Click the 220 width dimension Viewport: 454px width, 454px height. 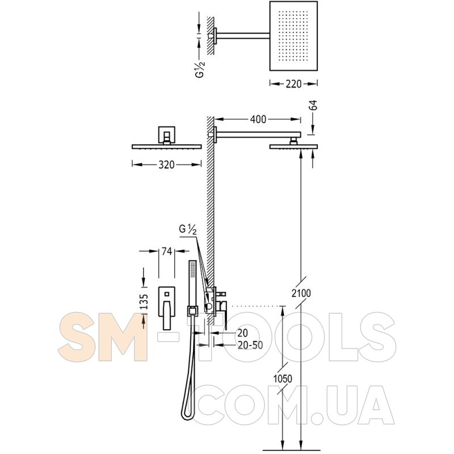coord(293,84)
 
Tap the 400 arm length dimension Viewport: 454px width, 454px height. coord(258,119)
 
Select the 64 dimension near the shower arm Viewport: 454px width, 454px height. coord(313,105)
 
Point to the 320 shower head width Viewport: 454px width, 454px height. coord(166,165)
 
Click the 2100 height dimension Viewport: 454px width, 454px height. coord(301,293)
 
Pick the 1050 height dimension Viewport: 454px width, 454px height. coord(283,379)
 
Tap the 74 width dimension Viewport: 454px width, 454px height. coord(166,251)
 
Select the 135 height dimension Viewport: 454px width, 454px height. coord(145,302)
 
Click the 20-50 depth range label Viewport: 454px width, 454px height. coord(250,345)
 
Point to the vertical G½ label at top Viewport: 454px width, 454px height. coord(200,70)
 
